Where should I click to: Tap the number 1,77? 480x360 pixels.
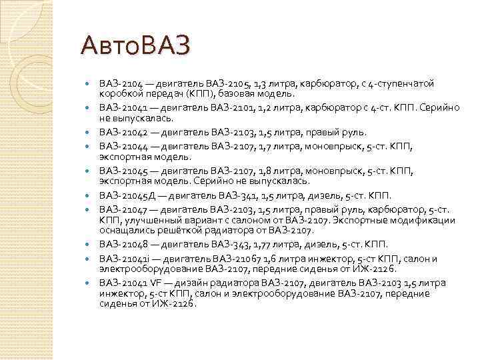pos(251,245)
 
